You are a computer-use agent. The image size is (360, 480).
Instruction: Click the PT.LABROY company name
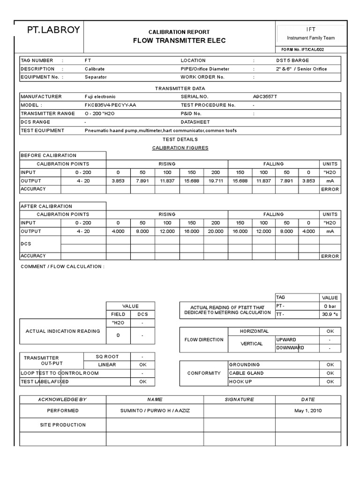pos(53,31)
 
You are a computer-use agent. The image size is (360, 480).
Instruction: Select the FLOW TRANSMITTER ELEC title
pos(179,40)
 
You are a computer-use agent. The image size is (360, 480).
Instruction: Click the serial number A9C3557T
pos(265,97)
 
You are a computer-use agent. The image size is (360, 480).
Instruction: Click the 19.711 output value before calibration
pos(216,181)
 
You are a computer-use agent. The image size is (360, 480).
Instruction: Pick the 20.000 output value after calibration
pos(216,232)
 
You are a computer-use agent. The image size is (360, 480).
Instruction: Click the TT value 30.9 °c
pos(330,315)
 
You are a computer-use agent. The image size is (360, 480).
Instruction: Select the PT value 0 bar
pos(330,306)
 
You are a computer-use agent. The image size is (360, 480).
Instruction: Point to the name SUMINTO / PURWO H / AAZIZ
pos(155,411)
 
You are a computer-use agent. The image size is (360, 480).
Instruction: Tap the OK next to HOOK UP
pos(330,382)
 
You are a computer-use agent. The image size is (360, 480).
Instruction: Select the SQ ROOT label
pos(106,356)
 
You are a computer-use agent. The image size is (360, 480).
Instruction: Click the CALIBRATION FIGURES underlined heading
pos(180,148)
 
